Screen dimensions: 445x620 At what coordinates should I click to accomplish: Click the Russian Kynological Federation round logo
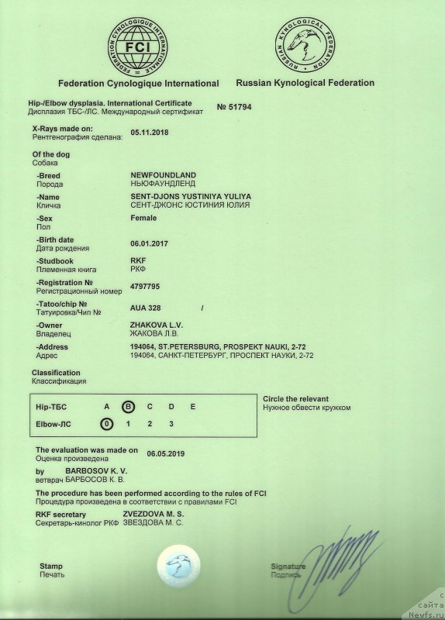coord(305,43)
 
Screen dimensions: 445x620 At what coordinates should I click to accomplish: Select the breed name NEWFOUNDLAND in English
coord(164,175)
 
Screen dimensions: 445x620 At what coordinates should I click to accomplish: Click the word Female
coord(144,219)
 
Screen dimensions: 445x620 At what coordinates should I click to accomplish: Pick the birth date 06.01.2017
coord(150,243)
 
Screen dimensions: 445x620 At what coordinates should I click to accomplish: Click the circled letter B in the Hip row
coord(129,406)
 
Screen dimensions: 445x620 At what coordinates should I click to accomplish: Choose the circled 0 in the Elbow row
coord(107,423)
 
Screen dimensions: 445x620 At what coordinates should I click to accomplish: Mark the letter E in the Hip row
coord(193,406)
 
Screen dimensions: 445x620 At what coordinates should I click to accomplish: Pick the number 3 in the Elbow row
coord(171,423)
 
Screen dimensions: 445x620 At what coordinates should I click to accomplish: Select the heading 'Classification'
coord(56,373)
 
